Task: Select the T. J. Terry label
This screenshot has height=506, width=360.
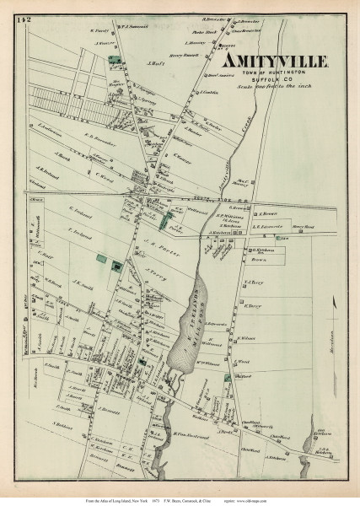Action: pyautogui.click(x=254, y=283)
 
